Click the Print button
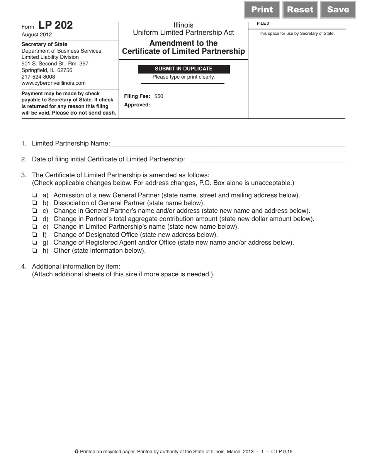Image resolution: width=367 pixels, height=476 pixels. pyautogui.click(x=262, y=10)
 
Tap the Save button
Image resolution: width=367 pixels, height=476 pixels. pyautogui.click(x=338, y=10)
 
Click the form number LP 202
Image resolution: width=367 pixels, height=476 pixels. pyautogui.click(x=55, y=26)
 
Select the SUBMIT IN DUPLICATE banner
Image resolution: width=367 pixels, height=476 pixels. pyautogui.click(x=184, y=69)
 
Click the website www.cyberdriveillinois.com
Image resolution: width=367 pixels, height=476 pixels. pyautogui.click(x=54, y=83)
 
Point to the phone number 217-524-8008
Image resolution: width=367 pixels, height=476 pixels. pyautogui.click(x=38, y=77)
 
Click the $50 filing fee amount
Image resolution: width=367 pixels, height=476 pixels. pyautogui.click(x=159, y=96)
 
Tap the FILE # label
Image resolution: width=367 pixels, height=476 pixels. pyautogui.click(x=263, y=24)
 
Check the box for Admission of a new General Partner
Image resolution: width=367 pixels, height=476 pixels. pyautogui.click(x=35, y=195)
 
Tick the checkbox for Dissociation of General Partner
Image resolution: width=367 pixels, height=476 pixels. pyautogui.click(x=35, y=203)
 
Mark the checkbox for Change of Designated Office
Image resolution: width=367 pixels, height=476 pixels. pyautogui.click(x=35, y=235)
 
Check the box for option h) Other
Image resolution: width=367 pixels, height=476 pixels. pyautogui.click(x=35, y=251)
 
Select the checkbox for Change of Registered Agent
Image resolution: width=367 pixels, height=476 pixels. pyautogui.click(x=35, y=243)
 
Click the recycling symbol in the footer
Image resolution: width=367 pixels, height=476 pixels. pyautogui.click(x=76, y=451)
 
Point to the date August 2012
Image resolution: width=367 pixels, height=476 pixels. pyautogui.click(x=34, y=34)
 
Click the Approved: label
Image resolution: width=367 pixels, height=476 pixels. pyautogui.click(x=137, y=105)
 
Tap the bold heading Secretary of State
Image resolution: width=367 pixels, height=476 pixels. pyautogui.click(x=44, y=45)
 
